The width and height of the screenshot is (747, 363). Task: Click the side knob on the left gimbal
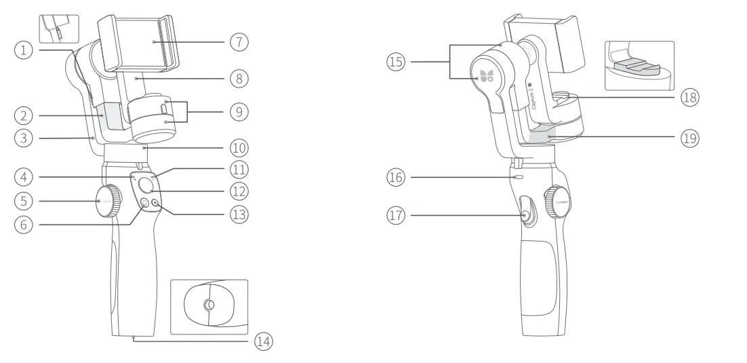pyautogui.click(x=108, y=200)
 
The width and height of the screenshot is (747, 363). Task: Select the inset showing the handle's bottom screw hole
pyautogui.click(x=209, y=306)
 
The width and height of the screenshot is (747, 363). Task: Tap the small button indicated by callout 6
pyautogui.click(x=144, y=202)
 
